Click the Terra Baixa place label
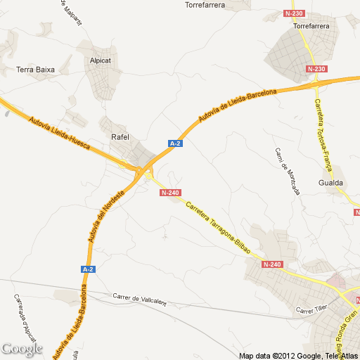pos(35,70)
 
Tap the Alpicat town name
pos(101,60)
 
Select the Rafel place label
pos(121,137)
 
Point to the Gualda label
pos(330,182)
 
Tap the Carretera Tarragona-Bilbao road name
pos(218,226)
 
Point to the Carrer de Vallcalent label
pos(139,299)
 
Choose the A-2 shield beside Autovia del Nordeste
pos(88,269)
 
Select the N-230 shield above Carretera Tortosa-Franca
pos(316,69)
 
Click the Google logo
pos(22,348)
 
